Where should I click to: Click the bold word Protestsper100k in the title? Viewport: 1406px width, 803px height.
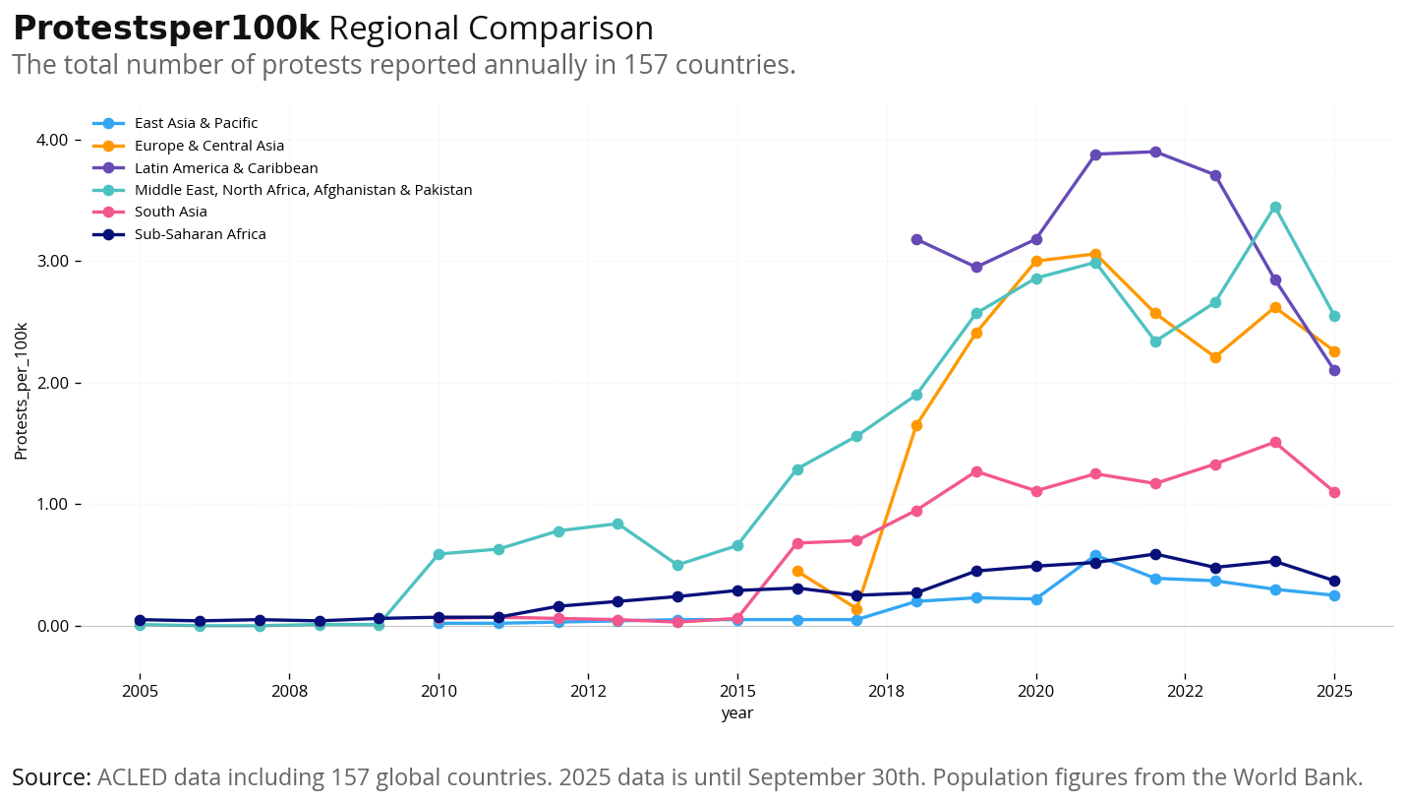click(x=165, y=29)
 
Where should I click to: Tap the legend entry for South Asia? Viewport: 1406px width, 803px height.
click(x=170, y=212)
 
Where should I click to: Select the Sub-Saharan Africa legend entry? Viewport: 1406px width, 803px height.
click(x=200, y=234)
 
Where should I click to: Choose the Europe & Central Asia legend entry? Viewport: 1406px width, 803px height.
click(x=208, y=146)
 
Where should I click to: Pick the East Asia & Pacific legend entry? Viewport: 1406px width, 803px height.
click(x=196, y=123)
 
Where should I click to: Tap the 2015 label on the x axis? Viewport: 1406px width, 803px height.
click(x=737, y=691)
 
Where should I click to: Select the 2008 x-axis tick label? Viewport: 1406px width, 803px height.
click(x=289, y=691)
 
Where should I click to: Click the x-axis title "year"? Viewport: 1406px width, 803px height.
click(x=736, y=713)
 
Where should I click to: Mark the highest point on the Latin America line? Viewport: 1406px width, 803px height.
click(x=1155, y=152)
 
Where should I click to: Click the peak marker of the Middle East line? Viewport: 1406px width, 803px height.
click(x=1275, y=207)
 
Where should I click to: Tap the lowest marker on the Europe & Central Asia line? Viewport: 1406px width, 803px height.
click(x=856, y=609)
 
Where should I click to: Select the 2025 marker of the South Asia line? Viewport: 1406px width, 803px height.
click(x=1334, y=492)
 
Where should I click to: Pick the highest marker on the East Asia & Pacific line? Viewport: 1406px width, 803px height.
click(x=1095, y=556)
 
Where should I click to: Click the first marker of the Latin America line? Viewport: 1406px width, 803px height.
click(x=916, y=239)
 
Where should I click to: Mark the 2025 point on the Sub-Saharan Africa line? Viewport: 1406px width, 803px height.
click(x=1334, y=581)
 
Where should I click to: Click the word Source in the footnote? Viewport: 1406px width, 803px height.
click(x=51, y=777)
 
